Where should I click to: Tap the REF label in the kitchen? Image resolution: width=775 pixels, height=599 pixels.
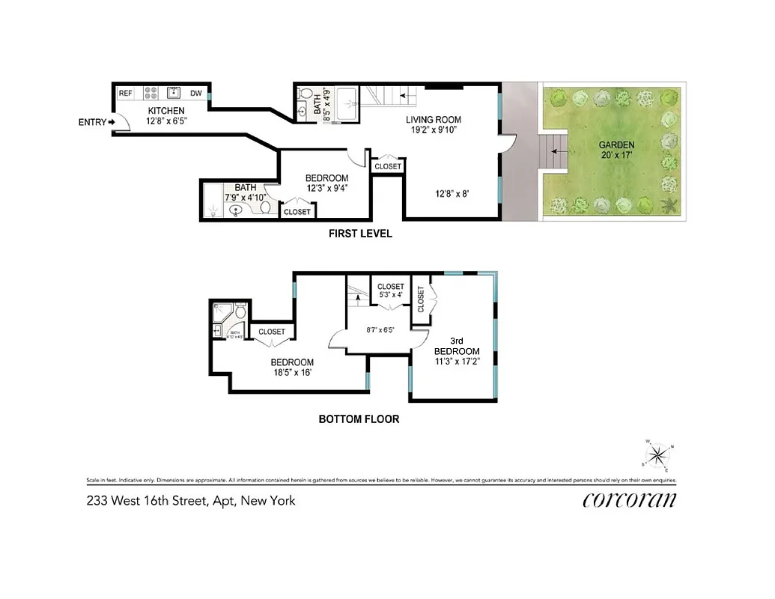[x=126, y=93]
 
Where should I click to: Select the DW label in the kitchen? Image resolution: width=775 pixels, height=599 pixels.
[x=196, y=94]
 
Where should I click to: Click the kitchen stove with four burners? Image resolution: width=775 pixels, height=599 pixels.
[x=151, y=93]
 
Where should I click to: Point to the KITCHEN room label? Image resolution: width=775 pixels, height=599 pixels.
[x=165, y=111]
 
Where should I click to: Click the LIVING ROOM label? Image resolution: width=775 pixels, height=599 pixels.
[x=434, y=120]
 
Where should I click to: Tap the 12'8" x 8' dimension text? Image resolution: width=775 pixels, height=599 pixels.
[x=454, y=195]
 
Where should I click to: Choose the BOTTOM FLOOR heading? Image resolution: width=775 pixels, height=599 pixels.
[x=359, y=419]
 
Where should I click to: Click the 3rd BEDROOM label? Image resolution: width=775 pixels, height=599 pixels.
[x=456, y=351]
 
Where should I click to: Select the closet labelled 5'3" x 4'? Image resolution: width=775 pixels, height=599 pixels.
[x=390, y=291]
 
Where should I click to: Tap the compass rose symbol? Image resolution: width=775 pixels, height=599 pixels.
[x=657, y=454]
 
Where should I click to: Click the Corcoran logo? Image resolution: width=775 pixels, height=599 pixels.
[x=629, y=500]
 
